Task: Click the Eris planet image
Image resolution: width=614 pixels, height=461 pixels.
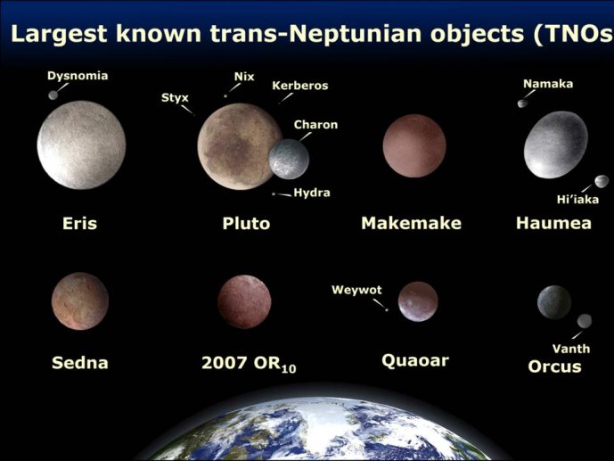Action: point(81,145)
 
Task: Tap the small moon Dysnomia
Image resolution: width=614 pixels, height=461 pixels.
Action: point(53,95)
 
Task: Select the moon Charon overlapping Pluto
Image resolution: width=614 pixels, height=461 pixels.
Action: point(289,159)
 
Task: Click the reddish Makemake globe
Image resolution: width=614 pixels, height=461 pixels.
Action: point(414,145)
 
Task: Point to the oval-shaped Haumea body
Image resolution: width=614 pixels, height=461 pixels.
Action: point(556,144)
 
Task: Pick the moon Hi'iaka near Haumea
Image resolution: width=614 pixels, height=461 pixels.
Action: point(602,181)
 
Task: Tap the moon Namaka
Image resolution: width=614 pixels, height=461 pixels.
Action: point(522,103)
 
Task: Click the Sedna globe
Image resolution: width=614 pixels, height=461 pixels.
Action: point(80,301)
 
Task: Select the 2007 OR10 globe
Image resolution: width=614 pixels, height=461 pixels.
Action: point(244,301)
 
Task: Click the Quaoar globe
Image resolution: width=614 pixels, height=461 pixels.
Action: point(418,301)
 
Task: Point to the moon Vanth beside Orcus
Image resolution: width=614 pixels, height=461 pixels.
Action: point(585,321)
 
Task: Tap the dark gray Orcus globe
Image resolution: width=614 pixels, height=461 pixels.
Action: point(554,302)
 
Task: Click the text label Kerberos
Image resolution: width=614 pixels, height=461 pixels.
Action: point(300,86)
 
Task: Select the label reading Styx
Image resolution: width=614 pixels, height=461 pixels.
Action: point(175,97)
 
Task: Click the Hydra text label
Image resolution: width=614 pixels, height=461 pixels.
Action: point(312,193)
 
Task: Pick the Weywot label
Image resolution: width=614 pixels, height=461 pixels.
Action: point(356,290)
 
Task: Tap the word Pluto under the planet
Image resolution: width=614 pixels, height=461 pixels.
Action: point(246,223)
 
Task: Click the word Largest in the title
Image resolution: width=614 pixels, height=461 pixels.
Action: point(59,33)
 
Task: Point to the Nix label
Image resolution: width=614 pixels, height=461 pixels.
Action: point(244,77)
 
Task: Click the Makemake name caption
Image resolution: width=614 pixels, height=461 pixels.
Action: point(411,223)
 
